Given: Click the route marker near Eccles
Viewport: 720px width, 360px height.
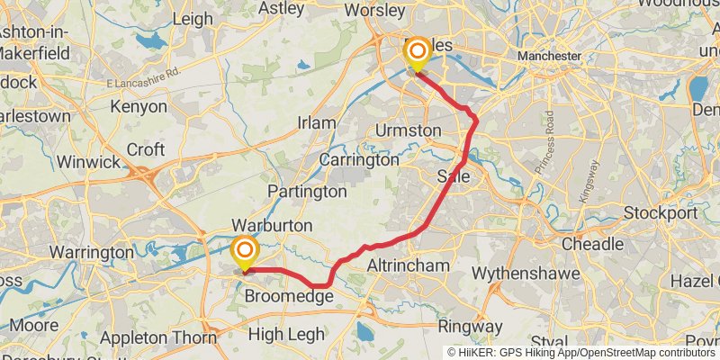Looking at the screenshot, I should pos(417,53).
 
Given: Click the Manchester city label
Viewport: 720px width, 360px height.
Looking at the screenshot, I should pos(549,56).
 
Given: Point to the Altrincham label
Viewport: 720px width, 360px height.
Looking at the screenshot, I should pos(408,265).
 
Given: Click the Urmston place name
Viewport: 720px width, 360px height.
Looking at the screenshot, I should pos(409,130).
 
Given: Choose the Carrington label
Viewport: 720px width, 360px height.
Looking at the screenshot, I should pos(359,159).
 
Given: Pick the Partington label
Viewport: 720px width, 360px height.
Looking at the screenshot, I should pos(307,192).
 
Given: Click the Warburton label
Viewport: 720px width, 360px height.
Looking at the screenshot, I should pos(272,224).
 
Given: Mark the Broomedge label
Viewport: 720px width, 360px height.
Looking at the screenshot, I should pos(290,296).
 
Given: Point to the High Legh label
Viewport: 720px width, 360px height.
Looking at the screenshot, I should pos(286,334).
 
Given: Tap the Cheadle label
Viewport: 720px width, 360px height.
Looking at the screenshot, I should pos(592,244).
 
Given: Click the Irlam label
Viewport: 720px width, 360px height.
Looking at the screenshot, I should pos(317,122).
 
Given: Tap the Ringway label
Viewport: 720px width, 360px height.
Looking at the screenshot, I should pos(471,326).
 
